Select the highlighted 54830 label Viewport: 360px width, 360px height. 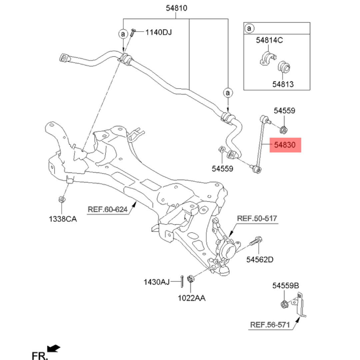tap(285, 145)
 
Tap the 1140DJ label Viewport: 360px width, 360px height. tap(158, 32)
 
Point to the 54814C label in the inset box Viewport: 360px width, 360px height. tap(269, 40)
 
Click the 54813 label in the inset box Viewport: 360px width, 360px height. tap(283, 84)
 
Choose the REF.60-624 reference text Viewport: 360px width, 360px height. tap(107, 210)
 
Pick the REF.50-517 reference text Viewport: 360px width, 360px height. tap(257, 218)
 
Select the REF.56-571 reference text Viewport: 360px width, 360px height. tap(270, 325)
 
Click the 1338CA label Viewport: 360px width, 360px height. tap(63, 219)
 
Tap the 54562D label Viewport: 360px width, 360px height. tap(260, 259)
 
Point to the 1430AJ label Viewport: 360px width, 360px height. tap(157, 282)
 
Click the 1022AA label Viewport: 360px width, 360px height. tap(191, 298)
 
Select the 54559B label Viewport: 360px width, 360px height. tap(286, 285)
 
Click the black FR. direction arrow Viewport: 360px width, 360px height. tap(54, 348)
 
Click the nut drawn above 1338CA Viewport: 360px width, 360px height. tap(61, 200)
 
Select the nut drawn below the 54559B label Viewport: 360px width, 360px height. tap(284, 304)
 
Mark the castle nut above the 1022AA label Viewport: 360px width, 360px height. tap(191, 279)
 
